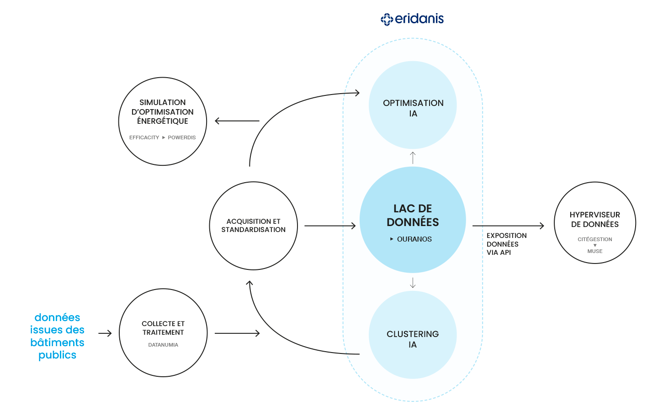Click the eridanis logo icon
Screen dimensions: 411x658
pos(387,19)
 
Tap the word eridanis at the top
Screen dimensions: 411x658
pos(419,19)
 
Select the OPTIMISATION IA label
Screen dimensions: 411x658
pos(413,108)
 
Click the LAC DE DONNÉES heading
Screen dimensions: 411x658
pos(413,215)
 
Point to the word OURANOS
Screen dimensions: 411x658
pos(414,239)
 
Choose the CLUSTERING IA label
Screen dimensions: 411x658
pos(413,339)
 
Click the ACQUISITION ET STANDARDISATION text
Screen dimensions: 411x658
pos(254,226)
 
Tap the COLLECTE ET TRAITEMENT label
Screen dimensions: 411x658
pos(163,328)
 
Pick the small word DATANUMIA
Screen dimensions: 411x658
pos(163,345)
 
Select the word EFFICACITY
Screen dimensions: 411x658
pos(144,137)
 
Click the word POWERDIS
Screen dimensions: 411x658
pos(181,137)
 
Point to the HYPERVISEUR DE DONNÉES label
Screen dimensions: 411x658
pos(594,220)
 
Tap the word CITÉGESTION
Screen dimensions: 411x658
pos(594,239)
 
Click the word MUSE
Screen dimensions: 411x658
pos(594,251)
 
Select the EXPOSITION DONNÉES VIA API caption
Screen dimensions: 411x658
pos(506,244)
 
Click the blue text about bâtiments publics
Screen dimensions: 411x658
pos(58,336)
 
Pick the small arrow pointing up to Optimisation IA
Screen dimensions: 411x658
pos(413,158)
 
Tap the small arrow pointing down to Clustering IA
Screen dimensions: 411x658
pos(413,283)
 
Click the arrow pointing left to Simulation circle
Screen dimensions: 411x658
pos(237,121)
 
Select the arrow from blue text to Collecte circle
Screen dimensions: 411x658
pos(105,333)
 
